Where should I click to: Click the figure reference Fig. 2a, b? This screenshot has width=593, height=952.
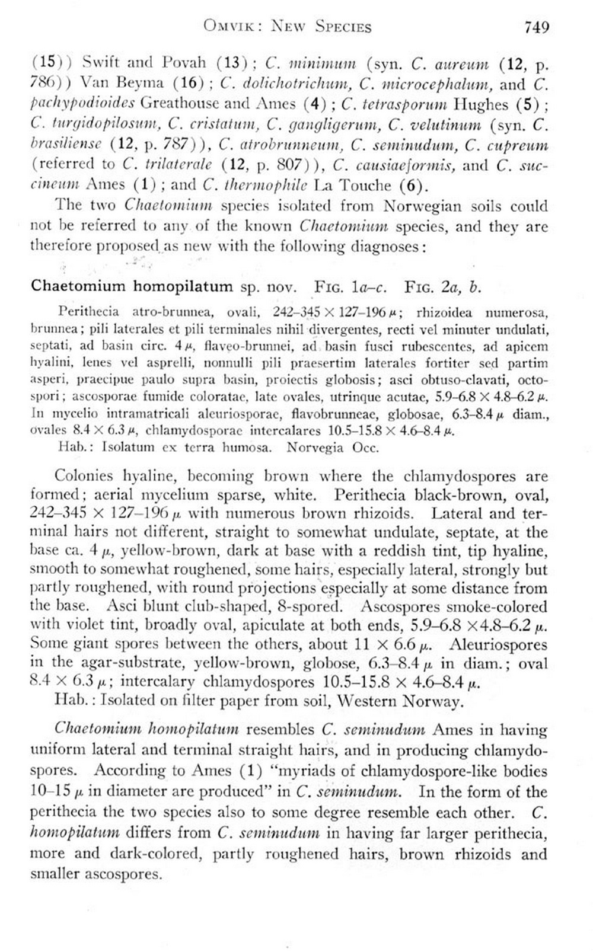442,287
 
